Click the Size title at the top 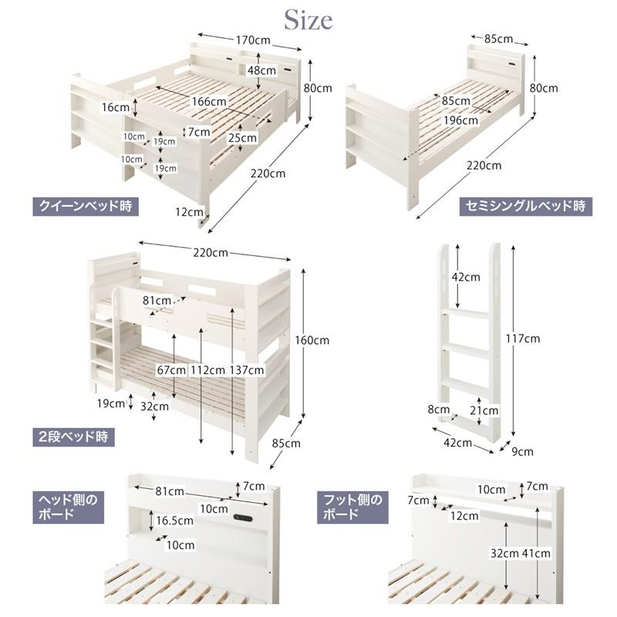tap(308, 20)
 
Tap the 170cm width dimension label tap(253, 40)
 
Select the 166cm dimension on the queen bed tap(209, 102)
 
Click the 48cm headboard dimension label tap(261, 70)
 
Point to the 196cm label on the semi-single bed tap(460, 120)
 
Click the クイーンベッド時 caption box tap(86, 206)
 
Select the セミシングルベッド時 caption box tap(526, 206)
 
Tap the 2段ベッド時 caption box tap(73, 437)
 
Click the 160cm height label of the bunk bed tap(312, 340)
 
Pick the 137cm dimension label tap(247, 370)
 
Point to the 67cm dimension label tap(171, 370)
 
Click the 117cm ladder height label tap(523, 339)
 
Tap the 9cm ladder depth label tap(522, 451)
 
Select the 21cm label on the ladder tap(484, 410)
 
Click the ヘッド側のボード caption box tap(68, 507)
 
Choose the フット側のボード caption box tap(352, 507)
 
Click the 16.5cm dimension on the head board tap(175, 521)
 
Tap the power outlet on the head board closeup tap(243, 518)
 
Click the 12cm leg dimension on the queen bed tap(189, 212)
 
